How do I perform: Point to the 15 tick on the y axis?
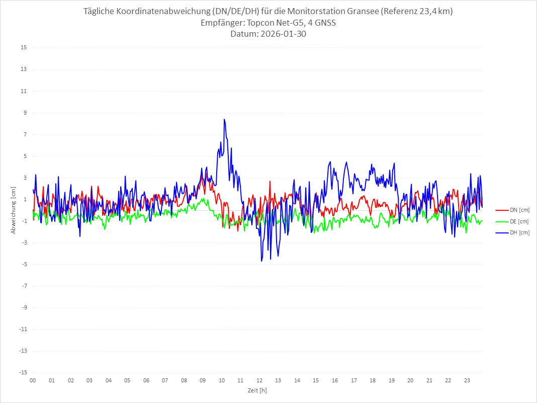click(24, 48)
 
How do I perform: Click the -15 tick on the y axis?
click(23, 372)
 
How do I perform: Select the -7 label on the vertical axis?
click(24, 286)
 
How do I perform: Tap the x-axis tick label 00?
click(33, 380)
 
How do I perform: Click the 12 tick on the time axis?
click(259, 380)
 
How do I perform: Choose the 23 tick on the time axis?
click(467, 380)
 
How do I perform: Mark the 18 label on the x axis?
click(373, 380)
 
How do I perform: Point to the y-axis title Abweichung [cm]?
click(14, 210)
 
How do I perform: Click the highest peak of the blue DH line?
click(224, 120)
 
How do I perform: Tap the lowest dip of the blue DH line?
click(262, 261)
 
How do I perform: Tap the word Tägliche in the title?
click(102, 12)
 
